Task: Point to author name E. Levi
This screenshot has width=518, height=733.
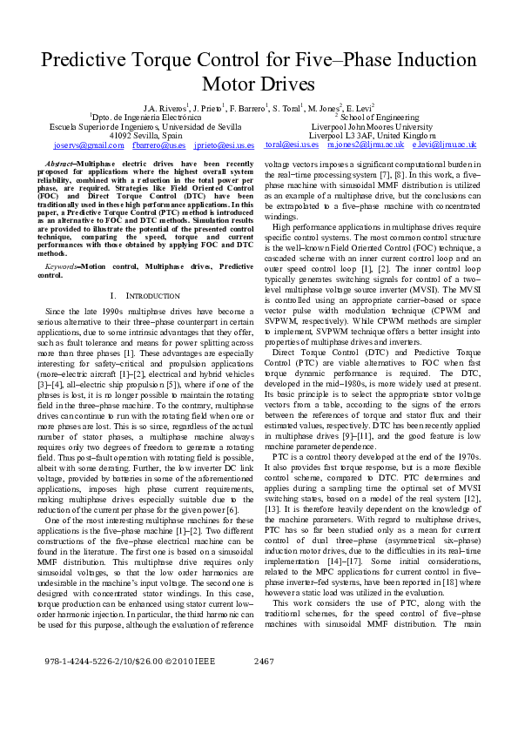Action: [x=359, y=107]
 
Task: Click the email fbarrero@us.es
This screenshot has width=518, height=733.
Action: [x=159, y=145]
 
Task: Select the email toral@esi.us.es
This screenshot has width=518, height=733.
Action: [x=292, y=145]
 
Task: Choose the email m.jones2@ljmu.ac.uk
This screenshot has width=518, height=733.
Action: [x=360, y=145]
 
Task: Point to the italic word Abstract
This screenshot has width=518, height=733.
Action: [x=58, y=165]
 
